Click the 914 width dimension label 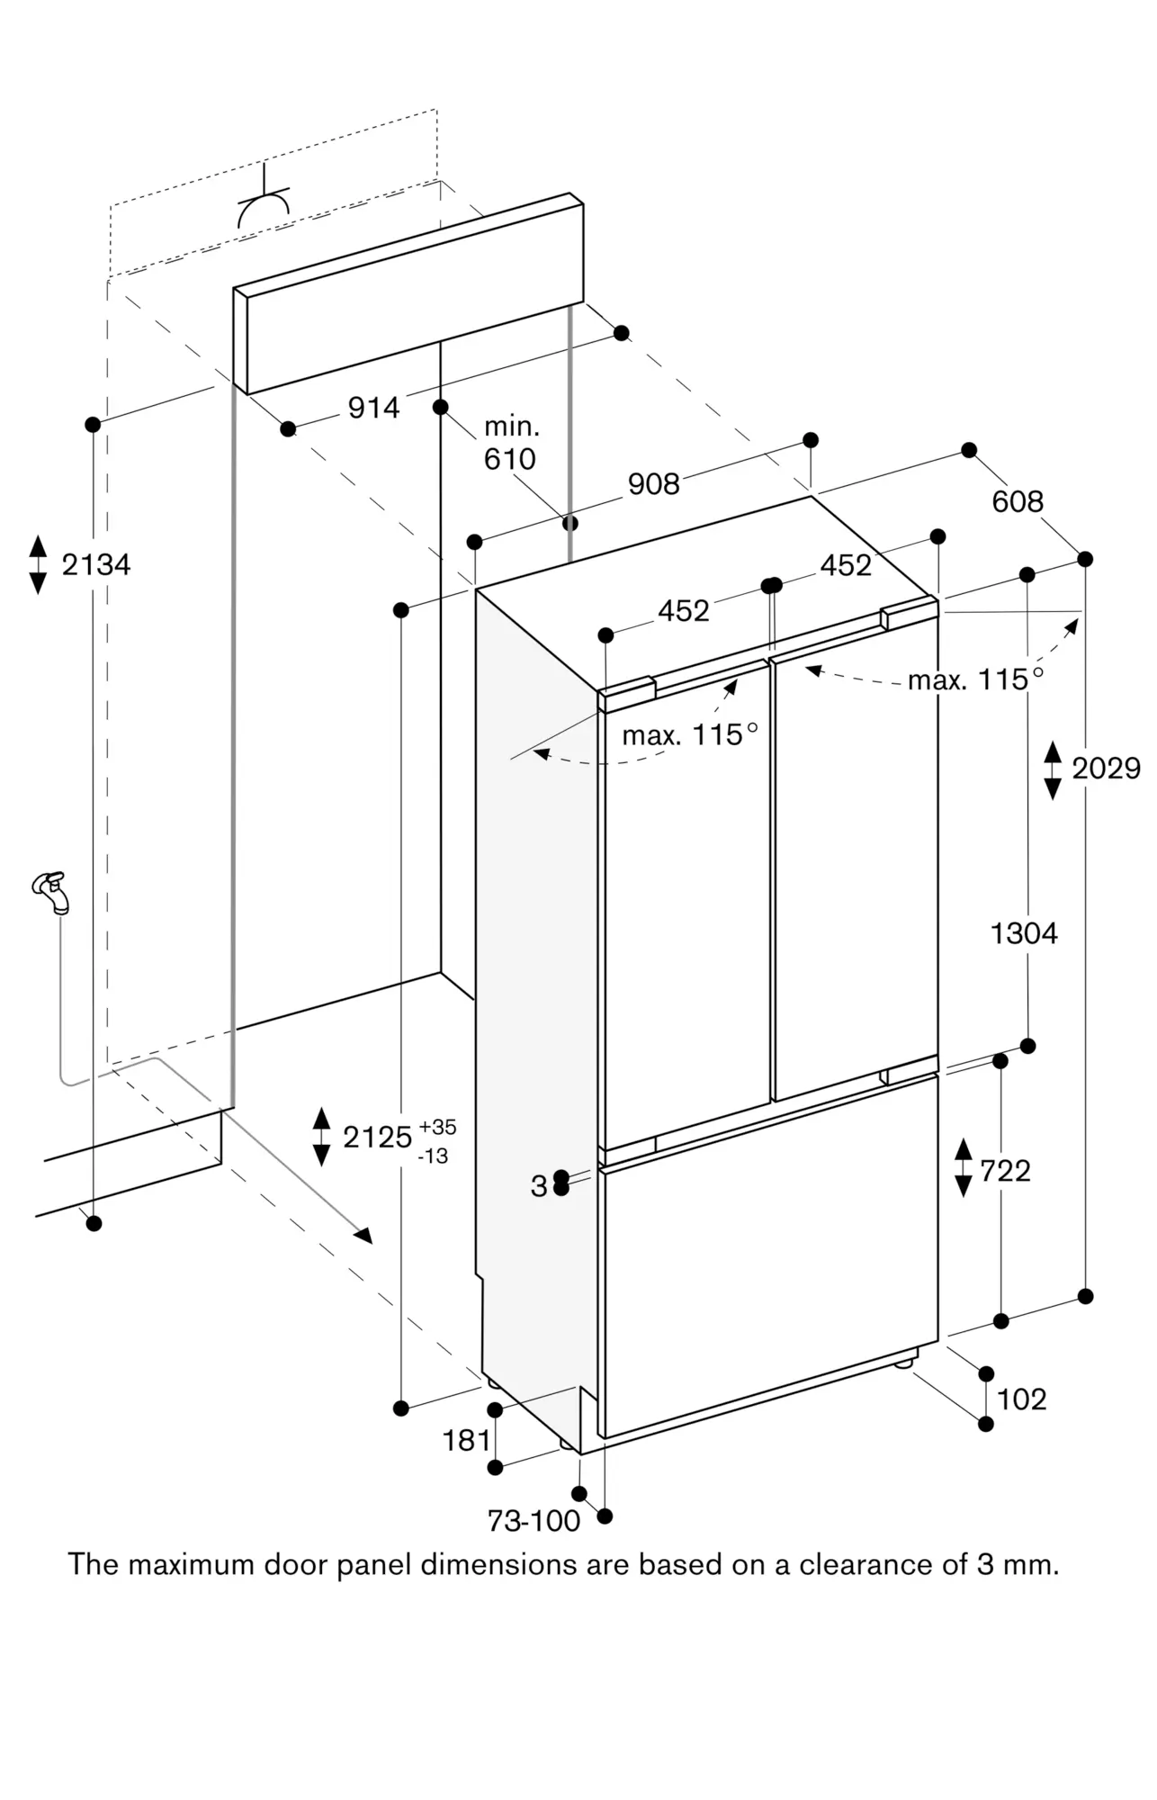[373, 409]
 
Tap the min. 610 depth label [510, 443]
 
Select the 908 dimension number [653, 484]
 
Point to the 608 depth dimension [1018, 501]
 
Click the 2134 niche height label [95, 565]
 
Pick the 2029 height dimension [1106, 769]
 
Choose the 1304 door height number [1024, 933]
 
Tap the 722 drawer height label [1005, 1171]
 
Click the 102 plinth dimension [1022, 1399]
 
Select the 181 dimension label [467, 1441]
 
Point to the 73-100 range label [534, 1521]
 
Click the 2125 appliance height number [377, 1138]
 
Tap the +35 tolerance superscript [436, 1127]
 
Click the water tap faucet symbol [51, 891]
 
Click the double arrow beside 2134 [38, 564]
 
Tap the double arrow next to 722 [964, 1167]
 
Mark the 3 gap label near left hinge [538, 1186]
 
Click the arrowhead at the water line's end [363, 1236]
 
